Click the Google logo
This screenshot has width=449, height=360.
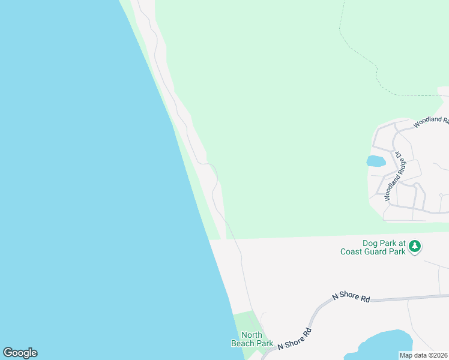(x=20, y=353)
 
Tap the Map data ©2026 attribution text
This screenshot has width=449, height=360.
(x=424, y=355)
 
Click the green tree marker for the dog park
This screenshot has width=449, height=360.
(x=415, y=246)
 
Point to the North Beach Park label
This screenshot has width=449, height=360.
(x=252, y=339)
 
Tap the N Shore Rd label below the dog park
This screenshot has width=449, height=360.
(x=351, y=296)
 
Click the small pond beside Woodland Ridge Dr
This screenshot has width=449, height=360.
(x=375, y=161)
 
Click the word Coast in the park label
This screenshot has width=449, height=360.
(x=351, y=252)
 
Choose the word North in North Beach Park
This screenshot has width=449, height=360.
(x=252, y=335)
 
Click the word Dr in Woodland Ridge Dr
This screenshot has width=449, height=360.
(x=400, y=156)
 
